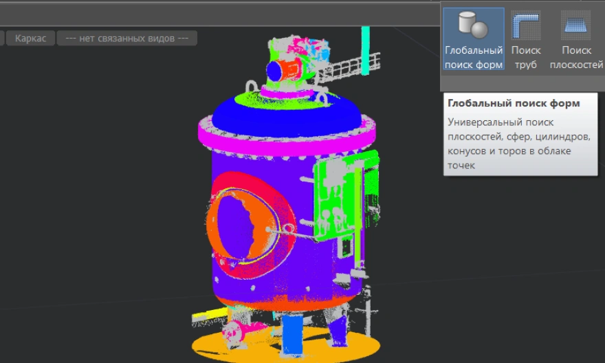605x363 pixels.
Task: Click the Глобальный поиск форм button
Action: tap(474, 38)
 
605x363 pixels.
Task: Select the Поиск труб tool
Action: tap(526, 38)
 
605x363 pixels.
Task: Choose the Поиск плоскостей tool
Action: tap(576, 38)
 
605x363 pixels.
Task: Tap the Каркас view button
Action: tap(30, 38)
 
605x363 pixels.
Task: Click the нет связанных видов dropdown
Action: tap(127, 38)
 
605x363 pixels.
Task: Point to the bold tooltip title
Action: tap(514, 103)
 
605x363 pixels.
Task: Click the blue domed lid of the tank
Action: tap(286, 115)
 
